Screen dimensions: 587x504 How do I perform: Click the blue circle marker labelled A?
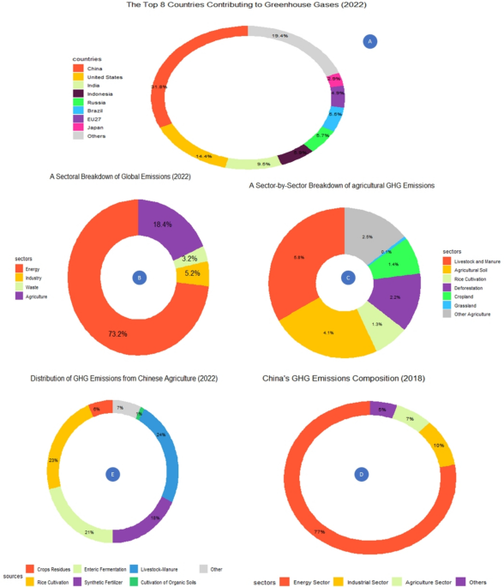pyautogui.click(x=369, y=41)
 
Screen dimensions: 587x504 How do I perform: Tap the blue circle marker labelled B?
pyautogui.click(x=139, y=276)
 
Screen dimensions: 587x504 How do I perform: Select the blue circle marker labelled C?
pyautogui.click(x=347, y=277)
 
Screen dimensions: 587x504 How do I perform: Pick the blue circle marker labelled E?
pyautogui.click(x=111, y=473)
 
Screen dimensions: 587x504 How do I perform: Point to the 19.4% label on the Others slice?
pyautogui.click(x=279, y=36)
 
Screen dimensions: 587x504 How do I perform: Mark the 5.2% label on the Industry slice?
pyautogui.click(x=192, y=273)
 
